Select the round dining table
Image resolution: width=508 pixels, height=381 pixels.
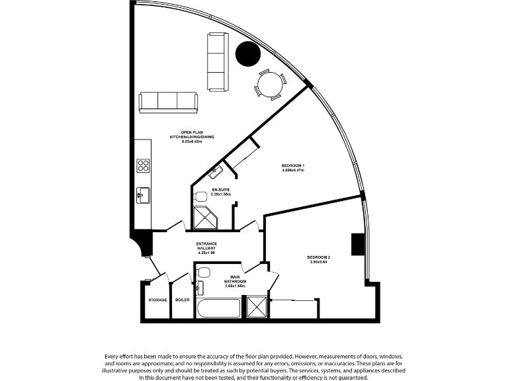[x=272, y=84]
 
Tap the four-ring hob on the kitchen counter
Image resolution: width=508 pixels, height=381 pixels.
[x=143, y=165]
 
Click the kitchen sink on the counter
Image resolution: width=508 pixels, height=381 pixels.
[x=143, y=195]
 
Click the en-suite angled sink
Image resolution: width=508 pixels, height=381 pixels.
[x=216, y=172]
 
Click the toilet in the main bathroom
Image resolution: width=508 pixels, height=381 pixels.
[x=204, y=271]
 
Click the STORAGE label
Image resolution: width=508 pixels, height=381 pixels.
[x=157, y=300]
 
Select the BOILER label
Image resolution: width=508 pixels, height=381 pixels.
[x=183, y=300]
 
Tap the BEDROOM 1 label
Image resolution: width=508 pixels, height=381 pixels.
[x=292, y=165]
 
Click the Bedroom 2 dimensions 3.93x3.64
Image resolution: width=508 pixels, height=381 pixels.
[x=318, y=262]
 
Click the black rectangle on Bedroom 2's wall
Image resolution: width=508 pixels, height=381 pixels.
[x=357, y=244]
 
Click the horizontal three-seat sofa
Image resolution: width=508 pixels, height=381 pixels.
[x=168, y=101]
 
